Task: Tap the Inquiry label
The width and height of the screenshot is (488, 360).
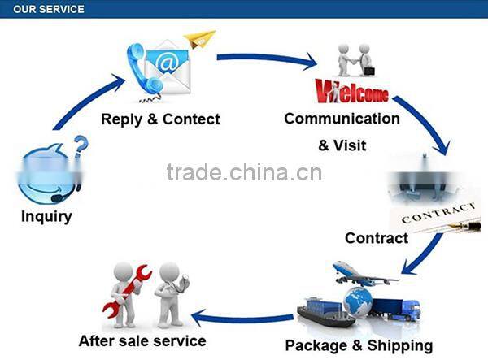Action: tap(46, 217)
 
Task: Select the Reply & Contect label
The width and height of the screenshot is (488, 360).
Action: tap(160, 119)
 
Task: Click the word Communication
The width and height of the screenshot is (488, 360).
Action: tap(342, 119)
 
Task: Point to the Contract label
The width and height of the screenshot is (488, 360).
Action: tap(377, 238)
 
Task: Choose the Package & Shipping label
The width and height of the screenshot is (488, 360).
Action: tap(359, 345)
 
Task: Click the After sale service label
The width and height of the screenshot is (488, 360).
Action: tap(142, 340)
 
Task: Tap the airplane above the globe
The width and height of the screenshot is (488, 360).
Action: tap(363, 274)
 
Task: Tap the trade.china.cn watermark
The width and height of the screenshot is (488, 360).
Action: tap(244, 172)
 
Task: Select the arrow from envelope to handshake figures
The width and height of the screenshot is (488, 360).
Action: tap(268, 59)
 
